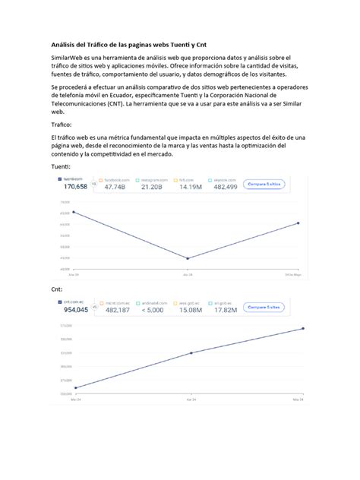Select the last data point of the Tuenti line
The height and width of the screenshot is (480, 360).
point(298,223)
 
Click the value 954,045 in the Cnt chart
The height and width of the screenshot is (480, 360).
point(75,310)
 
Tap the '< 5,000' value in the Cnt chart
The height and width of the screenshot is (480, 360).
point(154,310)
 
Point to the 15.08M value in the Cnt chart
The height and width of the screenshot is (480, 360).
point(190,310)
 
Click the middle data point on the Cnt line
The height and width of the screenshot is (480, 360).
point(190,352)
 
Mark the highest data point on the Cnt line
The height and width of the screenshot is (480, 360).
point(303,328)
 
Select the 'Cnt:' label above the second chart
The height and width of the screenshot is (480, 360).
point(56,289)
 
